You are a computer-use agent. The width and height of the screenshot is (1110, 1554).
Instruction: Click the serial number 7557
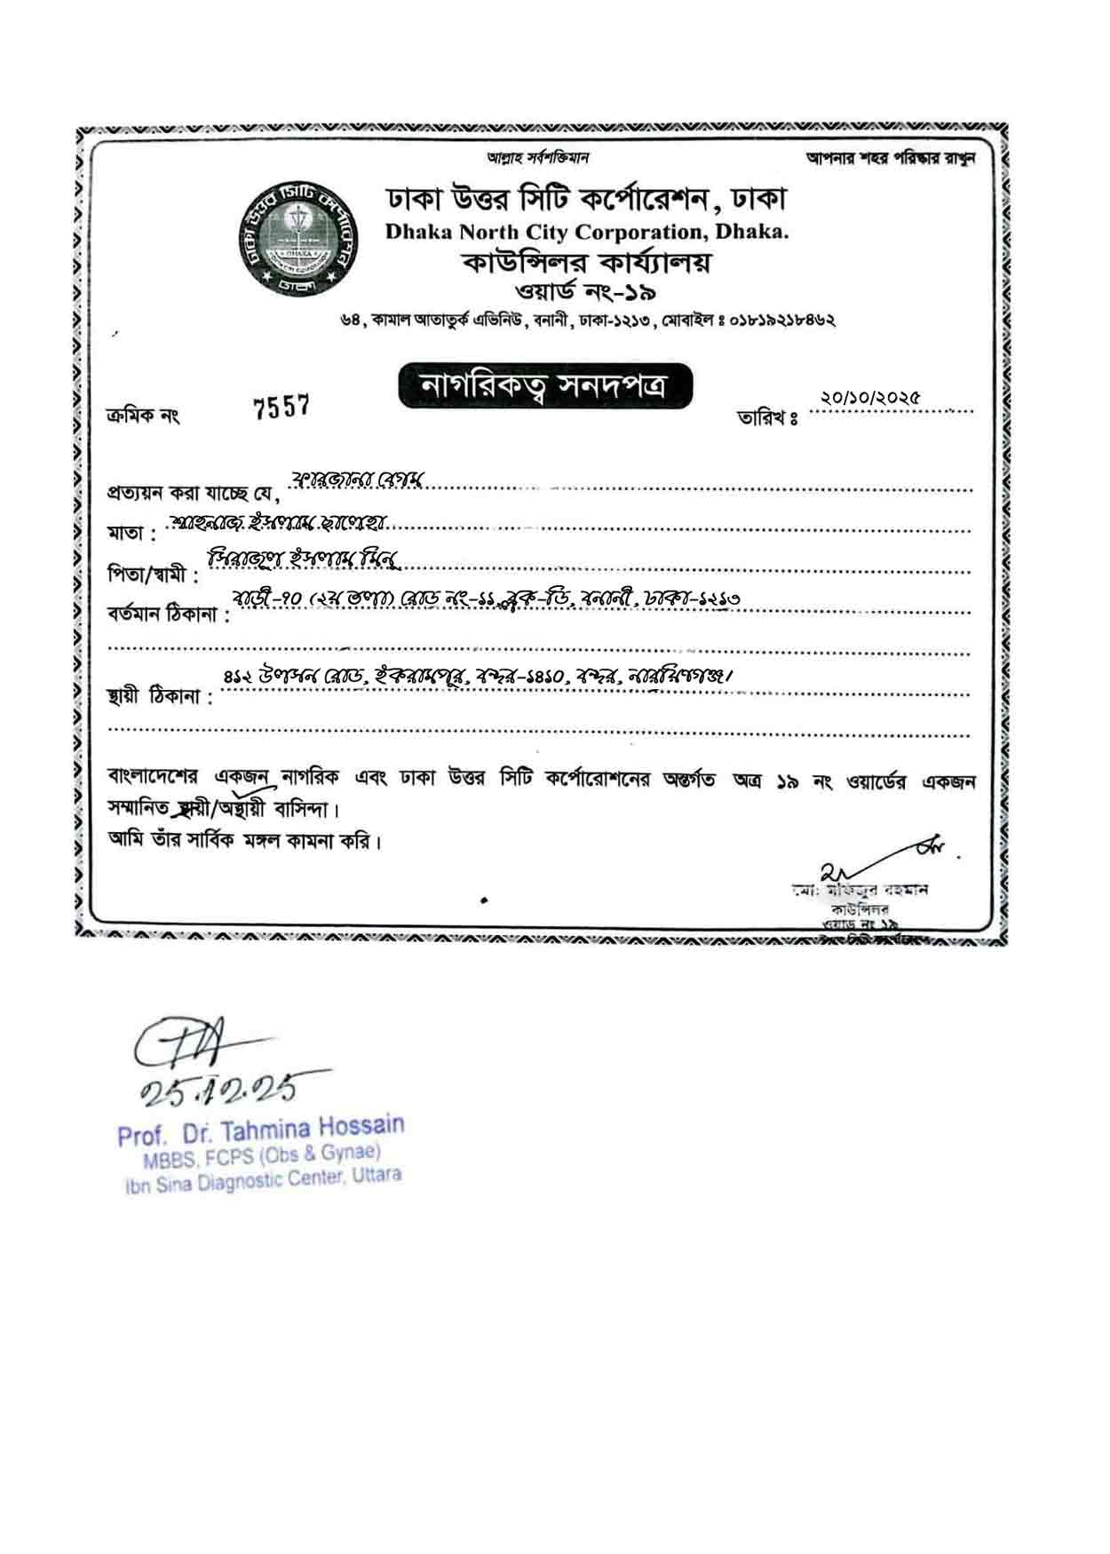281,408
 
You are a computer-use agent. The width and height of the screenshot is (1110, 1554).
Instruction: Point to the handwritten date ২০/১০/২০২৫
870,399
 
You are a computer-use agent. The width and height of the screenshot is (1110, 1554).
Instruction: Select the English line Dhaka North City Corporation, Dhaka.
586,233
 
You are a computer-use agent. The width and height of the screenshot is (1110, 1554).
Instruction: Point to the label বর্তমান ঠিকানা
167,616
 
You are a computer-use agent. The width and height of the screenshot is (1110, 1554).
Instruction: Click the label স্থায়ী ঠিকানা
160,697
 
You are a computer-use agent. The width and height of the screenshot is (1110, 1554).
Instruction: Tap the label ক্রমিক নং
143,415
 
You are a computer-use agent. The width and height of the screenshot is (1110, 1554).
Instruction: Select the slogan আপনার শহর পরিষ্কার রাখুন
890,158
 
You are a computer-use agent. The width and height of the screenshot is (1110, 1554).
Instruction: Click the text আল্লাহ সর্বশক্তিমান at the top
538,158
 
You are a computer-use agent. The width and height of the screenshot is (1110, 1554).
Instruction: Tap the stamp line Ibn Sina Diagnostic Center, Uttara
264,1179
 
